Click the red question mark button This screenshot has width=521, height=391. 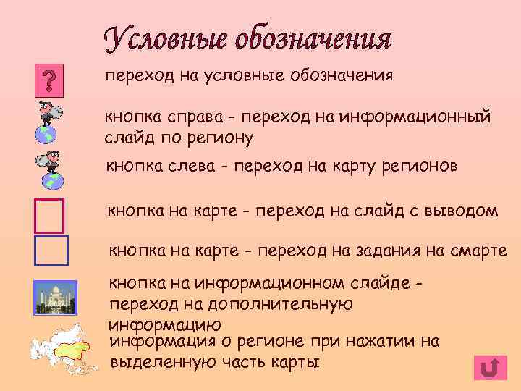point(49,79)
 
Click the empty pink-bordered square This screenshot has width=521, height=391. point(49,215)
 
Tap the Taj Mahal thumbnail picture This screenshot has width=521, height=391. point(55,297)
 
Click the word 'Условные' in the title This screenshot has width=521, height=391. point(173,41)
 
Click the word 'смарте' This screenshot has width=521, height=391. point(474,251)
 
